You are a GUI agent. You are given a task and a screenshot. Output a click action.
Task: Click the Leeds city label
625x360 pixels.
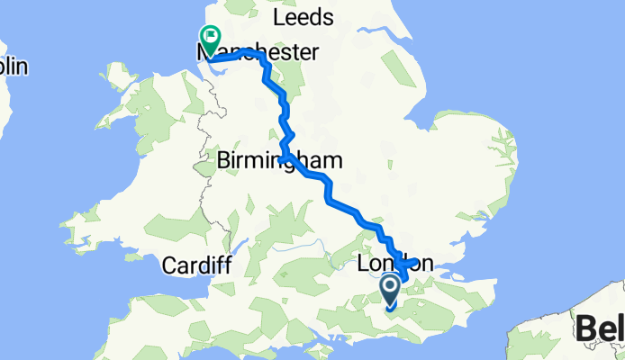pos(303,18)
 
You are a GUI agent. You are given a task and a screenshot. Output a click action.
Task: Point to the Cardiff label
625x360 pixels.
pos(197,265)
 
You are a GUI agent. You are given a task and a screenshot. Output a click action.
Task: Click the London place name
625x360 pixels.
pos(395,263)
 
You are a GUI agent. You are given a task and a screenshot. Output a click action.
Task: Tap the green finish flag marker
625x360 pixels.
pos(211,39)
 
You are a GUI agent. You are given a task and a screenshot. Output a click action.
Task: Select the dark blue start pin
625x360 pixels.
pos(391,291)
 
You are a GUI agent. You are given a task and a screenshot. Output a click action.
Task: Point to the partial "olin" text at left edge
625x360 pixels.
pos(14,67)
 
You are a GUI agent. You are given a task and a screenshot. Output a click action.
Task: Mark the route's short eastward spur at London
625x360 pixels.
pos(416,263)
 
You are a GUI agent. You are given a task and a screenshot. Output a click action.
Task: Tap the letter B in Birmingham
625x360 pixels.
pos(225,160)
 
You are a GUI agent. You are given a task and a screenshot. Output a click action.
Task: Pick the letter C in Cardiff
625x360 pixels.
pos(169,265)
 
